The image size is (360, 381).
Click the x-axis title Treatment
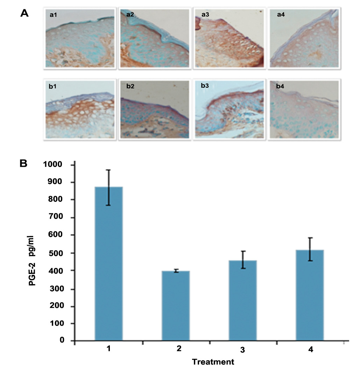tap(213, 362)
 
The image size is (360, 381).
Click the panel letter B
tap(24, 163)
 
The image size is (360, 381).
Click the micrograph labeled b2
tap(154, 110)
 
